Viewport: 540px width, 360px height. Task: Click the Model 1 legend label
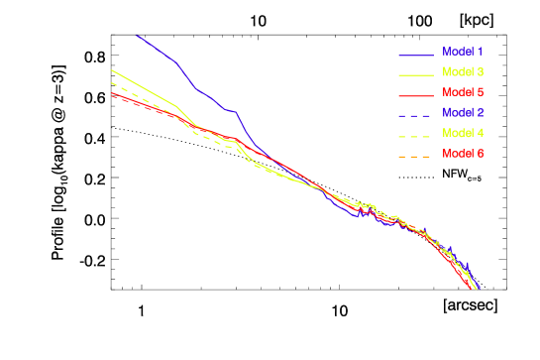[x=463, y=51]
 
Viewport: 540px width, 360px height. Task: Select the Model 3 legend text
[x=463, y=71]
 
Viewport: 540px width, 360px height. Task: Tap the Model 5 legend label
[x=463, y=92]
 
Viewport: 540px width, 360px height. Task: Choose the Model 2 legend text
[x=463, y=112]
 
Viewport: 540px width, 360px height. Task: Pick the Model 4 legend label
[x=463, y=133]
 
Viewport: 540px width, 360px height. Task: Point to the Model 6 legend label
[x=463, y=154]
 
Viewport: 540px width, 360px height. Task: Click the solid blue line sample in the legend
[x=416, y=54]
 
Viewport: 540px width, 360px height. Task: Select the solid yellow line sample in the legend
[x=416, y=74]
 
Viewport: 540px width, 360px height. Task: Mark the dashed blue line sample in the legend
[x=416, y=115]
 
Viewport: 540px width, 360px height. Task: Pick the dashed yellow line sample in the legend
[x=416, y=136]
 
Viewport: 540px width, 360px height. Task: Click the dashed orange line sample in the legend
[x=416, y=157]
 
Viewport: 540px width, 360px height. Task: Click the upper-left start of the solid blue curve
[x=137, y=35]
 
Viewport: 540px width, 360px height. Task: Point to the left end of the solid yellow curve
[x=111, y=69]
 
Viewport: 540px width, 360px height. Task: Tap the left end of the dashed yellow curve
[x=111, y=82]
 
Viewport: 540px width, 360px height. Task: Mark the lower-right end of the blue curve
[x=479, y=289]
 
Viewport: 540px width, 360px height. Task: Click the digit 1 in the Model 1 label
[x=480, y=51]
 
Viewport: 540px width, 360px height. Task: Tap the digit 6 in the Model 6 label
[x=480, y=154]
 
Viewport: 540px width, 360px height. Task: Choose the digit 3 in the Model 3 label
[x=480, y=71]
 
